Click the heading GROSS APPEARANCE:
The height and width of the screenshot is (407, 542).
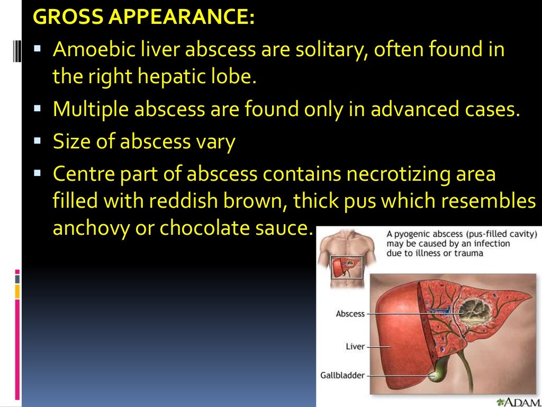143,17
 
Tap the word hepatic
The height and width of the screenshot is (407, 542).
173,77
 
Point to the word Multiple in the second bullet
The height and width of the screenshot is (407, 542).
89,109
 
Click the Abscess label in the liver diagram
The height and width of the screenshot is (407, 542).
350,314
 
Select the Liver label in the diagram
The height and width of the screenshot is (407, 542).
355,347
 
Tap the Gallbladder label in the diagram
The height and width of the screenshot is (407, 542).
342,375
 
